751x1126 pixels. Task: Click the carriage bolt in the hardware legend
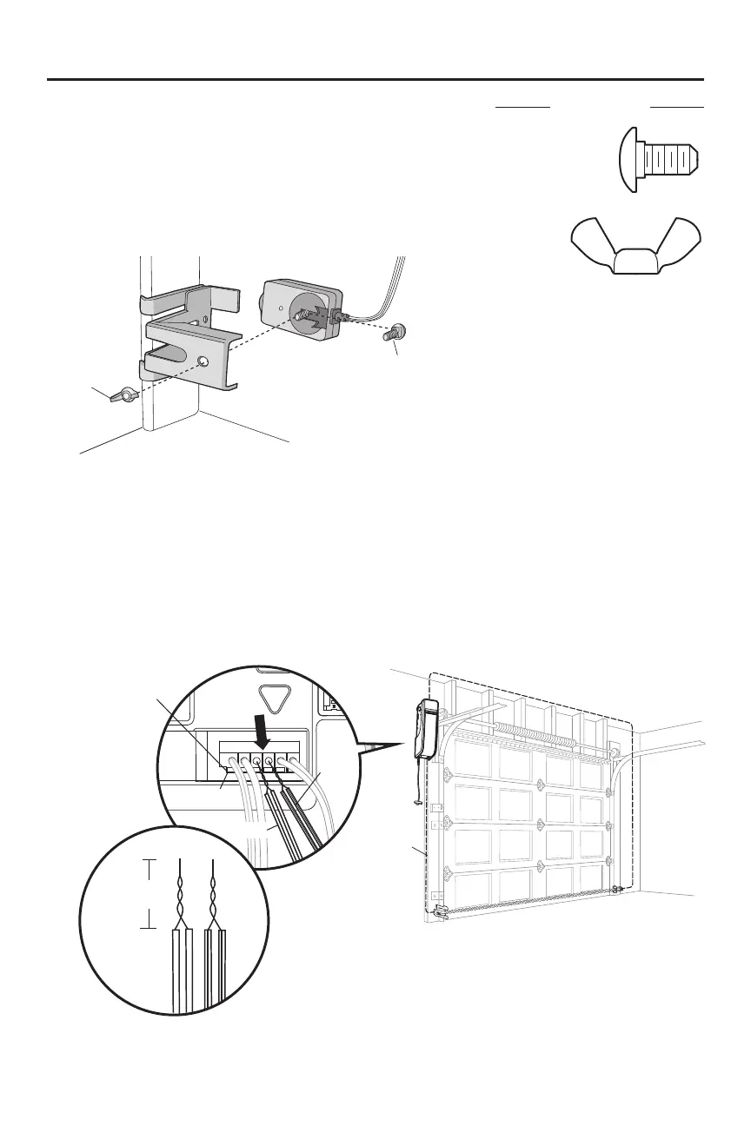coord(660,162)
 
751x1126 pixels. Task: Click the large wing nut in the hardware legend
coord(637,245)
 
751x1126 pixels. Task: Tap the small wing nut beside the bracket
coord(123,395)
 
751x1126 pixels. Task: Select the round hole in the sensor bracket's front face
coord(203,360)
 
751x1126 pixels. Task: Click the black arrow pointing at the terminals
coord(263,721)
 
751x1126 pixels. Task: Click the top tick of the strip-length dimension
coord(151,861)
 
